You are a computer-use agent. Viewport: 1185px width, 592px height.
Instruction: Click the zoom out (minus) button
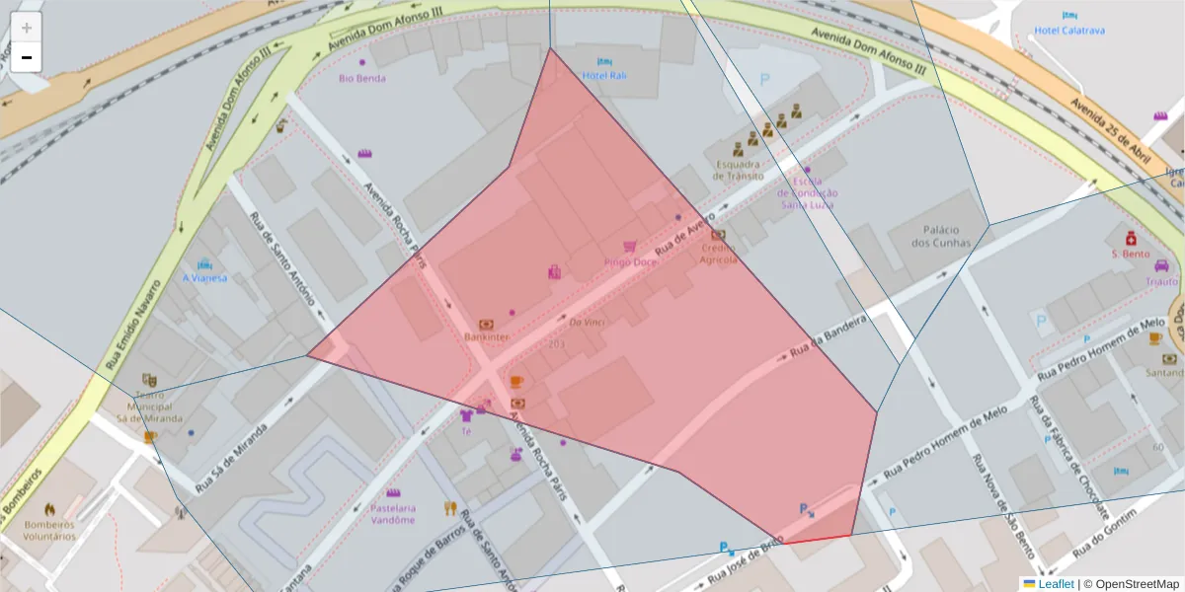tap(27, 57)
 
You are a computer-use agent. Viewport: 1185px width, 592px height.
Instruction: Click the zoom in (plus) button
tap(27, 27)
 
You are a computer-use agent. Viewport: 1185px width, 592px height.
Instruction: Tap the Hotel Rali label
tap(604, 75)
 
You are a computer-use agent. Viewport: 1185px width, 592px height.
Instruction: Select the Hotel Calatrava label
tap(1069, 31)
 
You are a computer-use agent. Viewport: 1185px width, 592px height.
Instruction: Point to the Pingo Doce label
tap(631, 262)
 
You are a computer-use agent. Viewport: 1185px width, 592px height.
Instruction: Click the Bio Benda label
tap(361, 78)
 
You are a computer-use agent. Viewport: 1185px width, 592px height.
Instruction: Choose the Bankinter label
tap(486, 336)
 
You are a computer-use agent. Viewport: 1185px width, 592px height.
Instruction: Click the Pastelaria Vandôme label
tap(393, 514)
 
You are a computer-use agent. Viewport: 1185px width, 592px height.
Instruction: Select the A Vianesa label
tap(204, 278)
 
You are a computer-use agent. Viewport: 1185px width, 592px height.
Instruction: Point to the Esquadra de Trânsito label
tap(740, 170)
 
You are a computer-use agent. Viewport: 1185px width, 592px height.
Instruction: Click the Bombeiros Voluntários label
tap(49, 530)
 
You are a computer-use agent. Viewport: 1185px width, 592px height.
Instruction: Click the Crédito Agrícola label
tap(718, 255)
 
